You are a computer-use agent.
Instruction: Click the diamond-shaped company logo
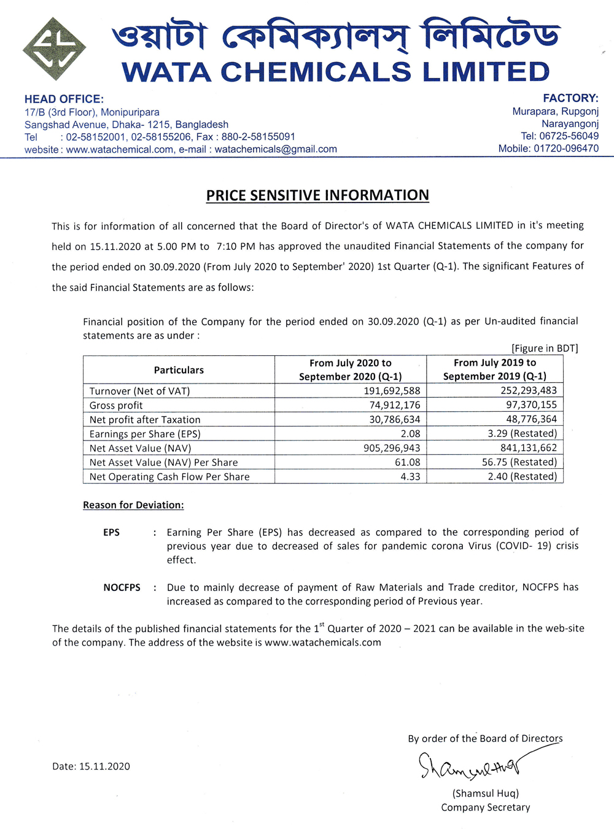(54, 49)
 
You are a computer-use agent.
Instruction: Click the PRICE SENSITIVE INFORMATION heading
(317, 195)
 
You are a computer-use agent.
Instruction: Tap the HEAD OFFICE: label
(64, 99)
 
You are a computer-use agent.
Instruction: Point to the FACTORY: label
(570, 98)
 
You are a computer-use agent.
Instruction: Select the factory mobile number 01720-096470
(566, 148)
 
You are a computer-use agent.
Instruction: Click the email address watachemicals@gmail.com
(276, 149)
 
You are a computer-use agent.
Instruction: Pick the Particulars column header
(179, 370)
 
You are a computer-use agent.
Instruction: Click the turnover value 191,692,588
(392, 391)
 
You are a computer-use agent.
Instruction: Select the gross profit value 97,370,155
(531, 405)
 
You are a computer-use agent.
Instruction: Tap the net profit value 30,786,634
(394, 420)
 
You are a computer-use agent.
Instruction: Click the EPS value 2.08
(410, 434)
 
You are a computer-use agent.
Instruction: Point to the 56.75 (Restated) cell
(519, 462)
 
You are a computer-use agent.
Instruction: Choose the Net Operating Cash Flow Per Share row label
(169, 477)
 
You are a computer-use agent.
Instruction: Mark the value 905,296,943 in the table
(392, 448)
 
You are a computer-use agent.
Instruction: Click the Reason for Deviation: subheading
(133, 505)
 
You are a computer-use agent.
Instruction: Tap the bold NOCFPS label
(122, 587)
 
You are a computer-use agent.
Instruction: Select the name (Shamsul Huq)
(486, 793)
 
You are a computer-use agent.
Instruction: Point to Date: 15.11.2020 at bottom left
(91, 766)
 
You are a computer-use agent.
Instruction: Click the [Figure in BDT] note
(545, 349)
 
